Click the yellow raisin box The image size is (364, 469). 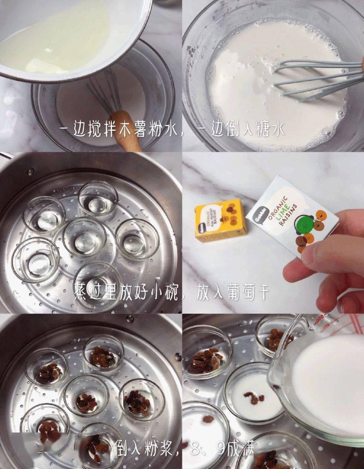pos(221,219)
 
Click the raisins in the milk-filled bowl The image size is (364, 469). pos(255,397)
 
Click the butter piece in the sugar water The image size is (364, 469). pos(42,66)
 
